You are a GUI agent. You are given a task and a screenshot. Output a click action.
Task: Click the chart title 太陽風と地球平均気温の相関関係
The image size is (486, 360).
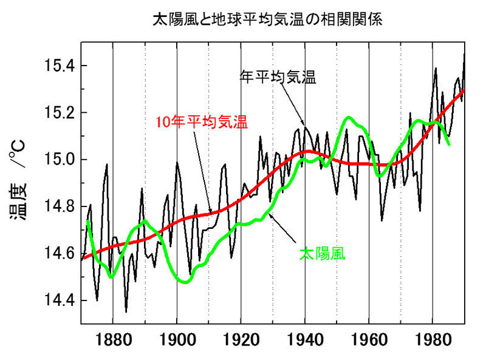click(267, 20)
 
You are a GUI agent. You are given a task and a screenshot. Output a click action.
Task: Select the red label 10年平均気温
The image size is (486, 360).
click(201, 121)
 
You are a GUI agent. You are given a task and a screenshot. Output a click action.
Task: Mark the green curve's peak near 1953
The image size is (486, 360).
click(349, 117)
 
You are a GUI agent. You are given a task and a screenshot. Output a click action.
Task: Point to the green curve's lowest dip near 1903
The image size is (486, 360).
click(185, 282)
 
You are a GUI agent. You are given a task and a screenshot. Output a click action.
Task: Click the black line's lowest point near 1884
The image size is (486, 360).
click(126, 311)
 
